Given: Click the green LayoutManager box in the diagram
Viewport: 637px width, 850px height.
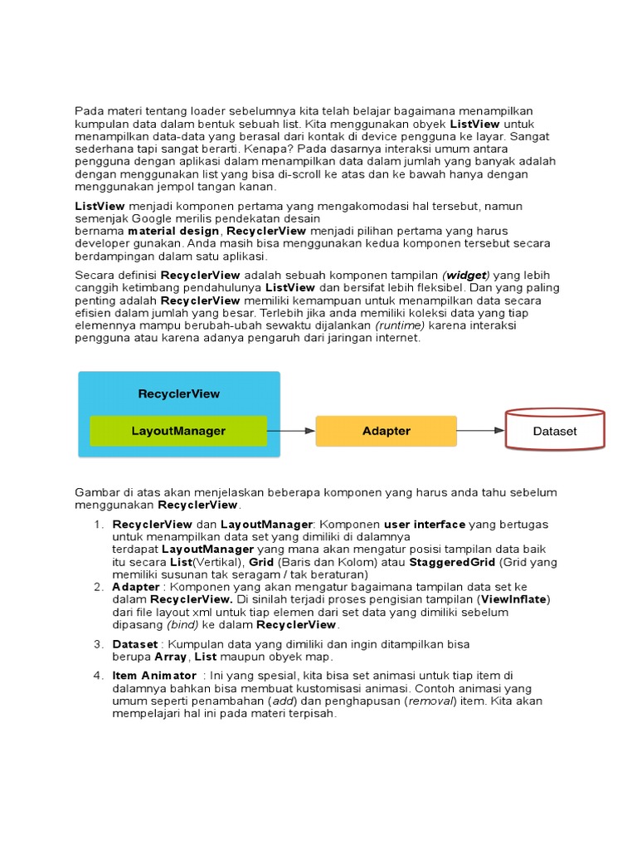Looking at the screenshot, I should pos(178,431).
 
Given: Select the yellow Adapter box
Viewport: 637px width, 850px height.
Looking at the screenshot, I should pos(386,431).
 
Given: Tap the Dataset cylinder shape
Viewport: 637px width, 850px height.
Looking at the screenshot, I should pos(555,431).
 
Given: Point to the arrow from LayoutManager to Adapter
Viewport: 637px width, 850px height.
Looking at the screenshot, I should pos(291,431).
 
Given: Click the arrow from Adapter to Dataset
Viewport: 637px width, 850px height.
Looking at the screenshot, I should pos(480,430).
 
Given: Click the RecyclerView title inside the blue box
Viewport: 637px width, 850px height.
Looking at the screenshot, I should pos(179,393).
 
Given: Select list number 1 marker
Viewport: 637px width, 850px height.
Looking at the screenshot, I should pos(99,525).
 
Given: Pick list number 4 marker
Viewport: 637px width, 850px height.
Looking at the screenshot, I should pos(99,676).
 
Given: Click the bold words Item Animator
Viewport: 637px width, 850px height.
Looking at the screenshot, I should pos(154,676).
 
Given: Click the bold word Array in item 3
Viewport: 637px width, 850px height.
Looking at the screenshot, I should pos(172,657).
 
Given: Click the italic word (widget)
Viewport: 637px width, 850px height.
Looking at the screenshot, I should pos(466,275).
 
